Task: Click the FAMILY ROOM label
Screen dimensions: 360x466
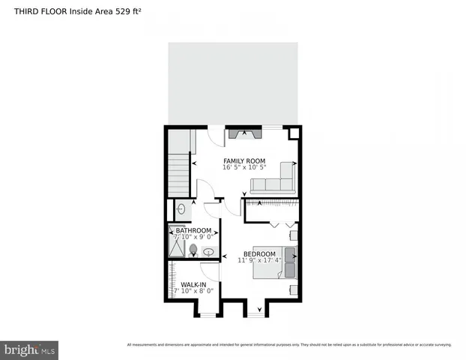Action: click(244, 160)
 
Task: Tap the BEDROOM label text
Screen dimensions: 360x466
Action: click(259, 254)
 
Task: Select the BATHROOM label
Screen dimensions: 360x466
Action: click(193, 230)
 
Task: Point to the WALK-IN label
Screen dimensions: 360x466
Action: click(193, 284)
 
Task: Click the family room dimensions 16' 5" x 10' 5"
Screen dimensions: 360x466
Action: click(244, 167)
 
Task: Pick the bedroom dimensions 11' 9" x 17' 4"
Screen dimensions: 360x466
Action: click(259, 261)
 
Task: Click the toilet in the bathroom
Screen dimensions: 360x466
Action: click(193, 249)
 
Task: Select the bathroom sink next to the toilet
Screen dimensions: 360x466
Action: click(208, 252)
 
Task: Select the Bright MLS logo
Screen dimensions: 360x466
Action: click(28, 349)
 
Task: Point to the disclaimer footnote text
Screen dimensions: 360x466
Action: click(288, 345)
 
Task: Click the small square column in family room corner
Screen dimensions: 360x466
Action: click(294, 133)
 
